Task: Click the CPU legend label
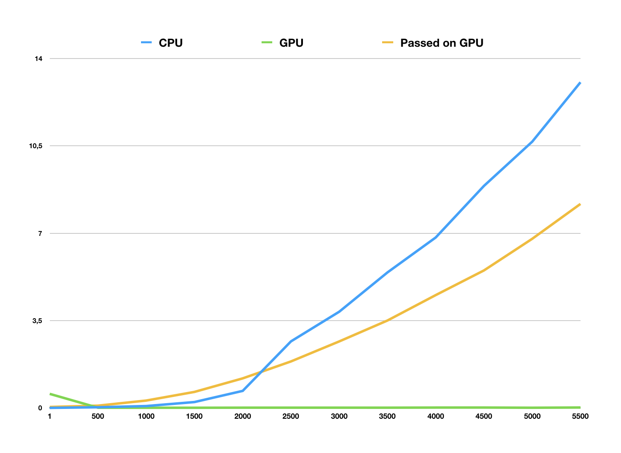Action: [x=171, y=43]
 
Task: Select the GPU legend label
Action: [x=291, y=43]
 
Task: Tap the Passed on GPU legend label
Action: [x=442, y=43]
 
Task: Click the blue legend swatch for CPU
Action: [x=146, y=43]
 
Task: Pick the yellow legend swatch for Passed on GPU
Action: [x=388, y=43]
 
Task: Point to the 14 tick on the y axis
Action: [x=39, y=59]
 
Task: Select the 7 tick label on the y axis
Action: [x=40, y=234]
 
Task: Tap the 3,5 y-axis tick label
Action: [x=37, y=321]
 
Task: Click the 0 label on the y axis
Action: [x=40, y=408]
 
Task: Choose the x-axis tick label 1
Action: [x=49, y=417]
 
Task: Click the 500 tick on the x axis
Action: [x=98, y=417]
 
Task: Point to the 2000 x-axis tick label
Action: [x=243, y=417]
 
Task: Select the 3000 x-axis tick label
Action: [x=339, y=417]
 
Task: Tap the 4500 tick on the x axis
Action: [x=484, y=417]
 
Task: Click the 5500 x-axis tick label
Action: [x=580, y=417]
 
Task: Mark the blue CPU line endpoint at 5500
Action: [x=580, y=83]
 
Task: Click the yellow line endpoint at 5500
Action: [x=580, y=204]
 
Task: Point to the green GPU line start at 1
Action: [x=50, y=394]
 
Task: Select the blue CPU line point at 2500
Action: [x=291, y=341]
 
